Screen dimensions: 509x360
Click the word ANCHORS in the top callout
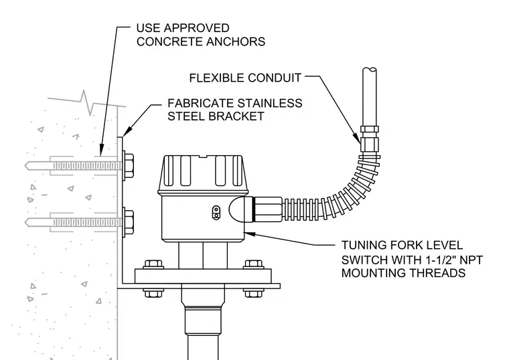click(x=236, y=41)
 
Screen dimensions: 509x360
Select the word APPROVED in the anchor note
click(x=196, y=28)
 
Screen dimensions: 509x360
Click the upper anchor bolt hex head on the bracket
click(x=128, y=165)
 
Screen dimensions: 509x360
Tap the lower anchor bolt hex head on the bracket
click(x=128, y=222)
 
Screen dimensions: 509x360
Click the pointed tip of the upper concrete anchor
click(x=25, y=166)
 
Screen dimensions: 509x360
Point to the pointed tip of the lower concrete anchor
click(x=25, y=222)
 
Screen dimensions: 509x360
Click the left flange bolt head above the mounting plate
click(x=153, y=264)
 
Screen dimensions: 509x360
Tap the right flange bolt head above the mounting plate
click(x=254, y=264)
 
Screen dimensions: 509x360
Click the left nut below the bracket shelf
click(x=153, y=293)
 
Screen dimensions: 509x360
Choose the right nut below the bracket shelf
click(x=254, y=293)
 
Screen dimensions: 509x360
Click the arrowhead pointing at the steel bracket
click(x=127, y=131)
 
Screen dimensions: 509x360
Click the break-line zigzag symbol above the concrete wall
click(x=85, y=103)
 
